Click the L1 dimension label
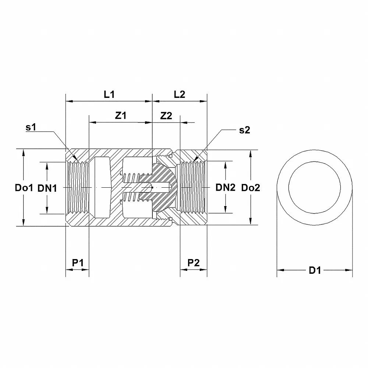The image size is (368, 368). (109, 94)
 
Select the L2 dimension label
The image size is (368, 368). (179, 94)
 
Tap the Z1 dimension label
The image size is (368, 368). (120, 116)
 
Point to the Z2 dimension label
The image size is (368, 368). (166, 116)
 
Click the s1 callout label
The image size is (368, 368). (31, 128)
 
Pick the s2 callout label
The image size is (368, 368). (244, 130)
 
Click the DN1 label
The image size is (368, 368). (47, 188)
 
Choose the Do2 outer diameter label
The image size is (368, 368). (251, 188)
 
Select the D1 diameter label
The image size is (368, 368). (315, 270)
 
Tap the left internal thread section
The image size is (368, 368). (78, 188)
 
